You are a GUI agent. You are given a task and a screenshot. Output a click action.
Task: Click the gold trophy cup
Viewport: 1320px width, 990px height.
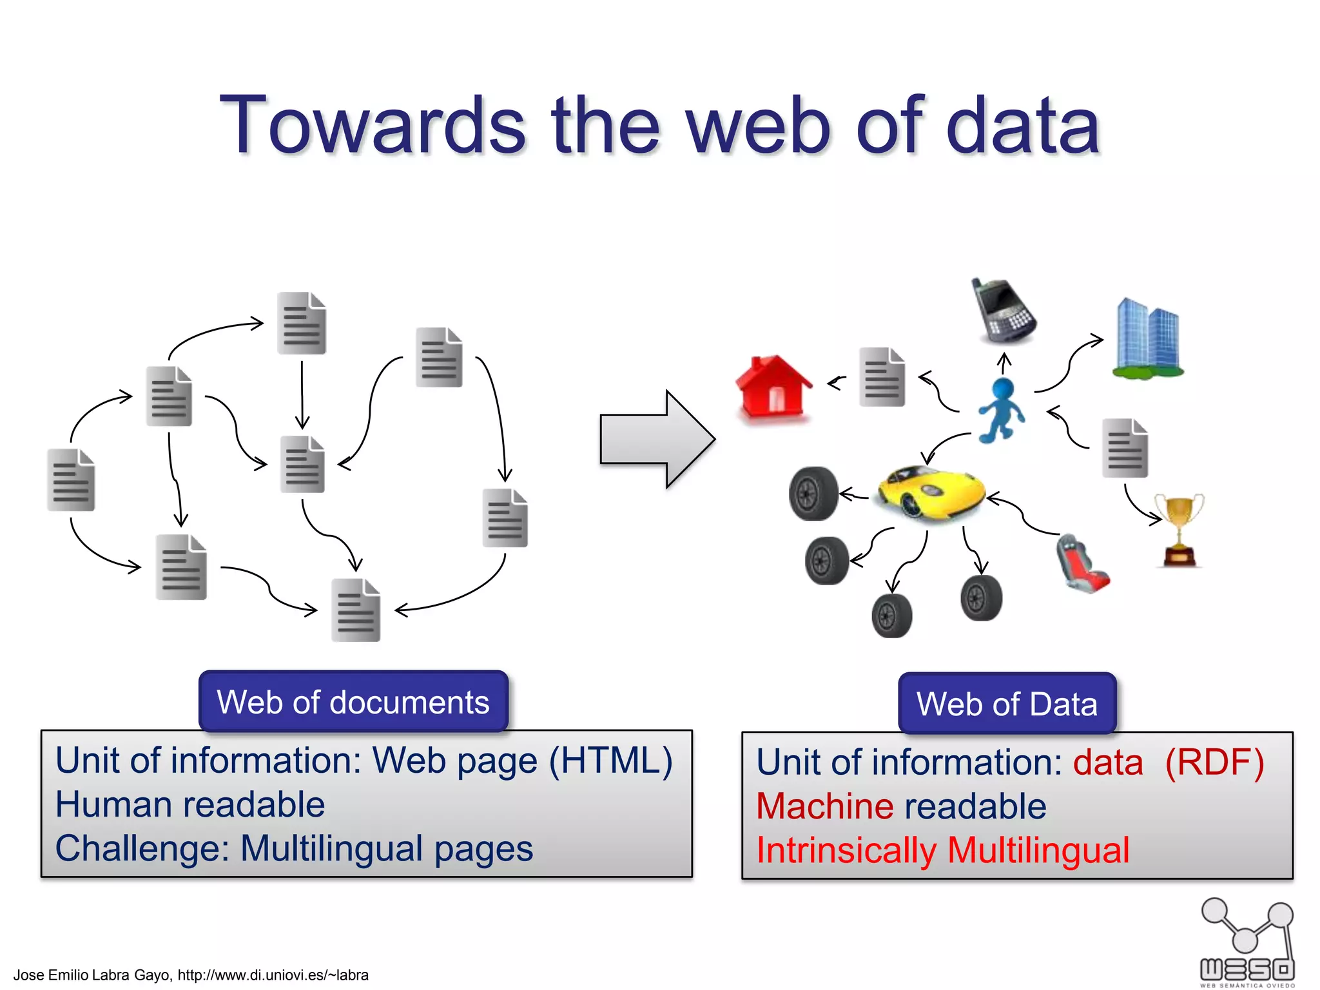pos(1179,529)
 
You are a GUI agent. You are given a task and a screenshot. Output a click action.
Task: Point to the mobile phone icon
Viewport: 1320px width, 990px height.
pos(1003,311)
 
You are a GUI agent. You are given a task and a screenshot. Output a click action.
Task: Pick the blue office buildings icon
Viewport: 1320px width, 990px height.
pos(1148,338)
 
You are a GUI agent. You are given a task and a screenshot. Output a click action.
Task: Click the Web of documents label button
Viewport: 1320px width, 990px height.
pos(353,701)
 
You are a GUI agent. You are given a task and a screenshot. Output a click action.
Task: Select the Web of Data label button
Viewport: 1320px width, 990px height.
pos(1007,703)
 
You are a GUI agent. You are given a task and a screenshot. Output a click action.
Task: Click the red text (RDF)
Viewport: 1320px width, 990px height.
pos(1214,762)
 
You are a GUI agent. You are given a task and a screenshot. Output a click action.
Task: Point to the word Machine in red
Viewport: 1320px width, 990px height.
pos(824,806)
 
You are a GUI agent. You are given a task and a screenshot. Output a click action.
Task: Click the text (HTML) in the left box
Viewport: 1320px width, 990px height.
pos(610,761)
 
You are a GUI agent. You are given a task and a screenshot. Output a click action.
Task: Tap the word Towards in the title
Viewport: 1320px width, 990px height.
pos(373,125)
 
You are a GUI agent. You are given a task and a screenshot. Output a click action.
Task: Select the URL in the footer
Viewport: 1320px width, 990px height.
pos(273,975)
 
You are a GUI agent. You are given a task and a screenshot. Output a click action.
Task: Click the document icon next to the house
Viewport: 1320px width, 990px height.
pos(882,377)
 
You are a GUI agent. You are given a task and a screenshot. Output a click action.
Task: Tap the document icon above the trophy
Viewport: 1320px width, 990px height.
pos(1125,448)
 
